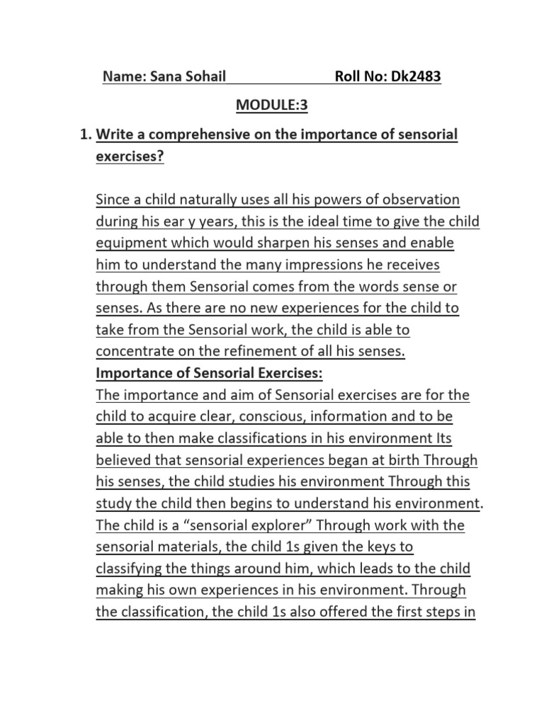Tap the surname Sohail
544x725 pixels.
pyautogui.click(x=205, y=76)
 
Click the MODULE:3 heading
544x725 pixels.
pyautogui.click(x=273, y=105)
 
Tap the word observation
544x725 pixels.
pyautogui.click(x=416, y=200)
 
